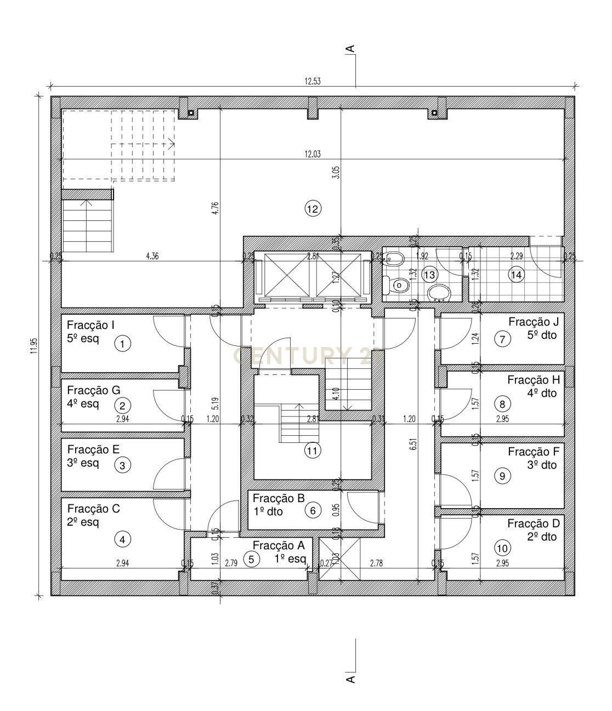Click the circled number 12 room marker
313,209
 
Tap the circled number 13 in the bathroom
429,275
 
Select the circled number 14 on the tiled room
516,275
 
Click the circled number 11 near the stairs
313,451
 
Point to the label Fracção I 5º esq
90,332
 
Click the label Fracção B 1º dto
278,505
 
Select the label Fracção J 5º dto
533,328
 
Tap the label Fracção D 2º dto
532,530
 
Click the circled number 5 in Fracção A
251,559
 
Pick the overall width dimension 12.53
313,81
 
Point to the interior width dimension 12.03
313,154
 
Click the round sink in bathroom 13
439,293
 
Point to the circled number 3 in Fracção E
122,465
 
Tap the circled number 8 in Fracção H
502,405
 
